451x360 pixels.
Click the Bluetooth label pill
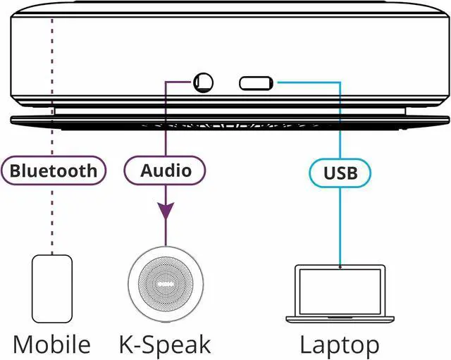pos(53,170)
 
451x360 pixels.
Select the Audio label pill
pos(166,170)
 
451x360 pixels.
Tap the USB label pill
pos(340,171)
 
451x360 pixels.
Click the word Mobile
pos(52,345)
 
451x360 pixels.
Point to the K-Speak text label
pos(165,345)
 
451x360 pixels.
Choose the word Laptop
pos(340,345)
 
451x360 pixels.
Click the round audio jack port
pos(204,83)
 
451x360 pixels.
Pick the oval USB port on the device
pos(255,83)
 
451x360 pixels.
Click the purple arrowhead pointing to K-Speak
pos(166,211)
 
